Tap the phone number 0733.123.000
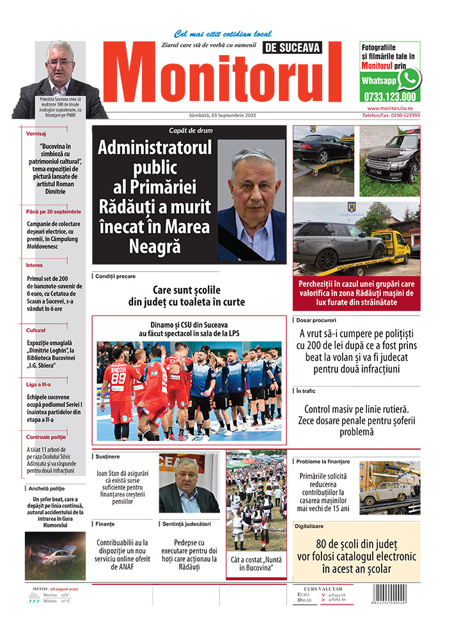point(389,97)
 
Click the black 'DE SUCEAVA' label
point(292,47)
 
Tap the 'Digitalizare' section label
point(311,526)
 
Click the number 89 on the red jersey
point(118,378)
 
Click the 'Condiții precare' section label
point(115,276)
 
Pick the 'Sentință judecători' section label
point(187,524)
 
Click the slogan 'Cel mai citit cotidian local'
point(222,34)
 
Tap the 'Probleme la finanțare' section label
point(322,461)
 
